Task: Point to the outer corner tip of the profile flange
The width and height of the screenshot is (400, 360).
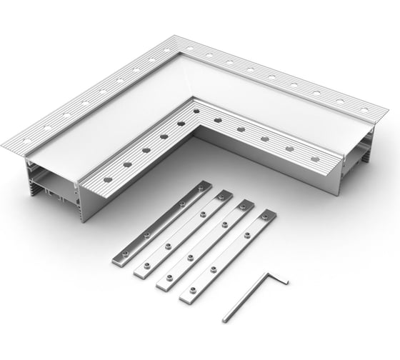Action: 187,36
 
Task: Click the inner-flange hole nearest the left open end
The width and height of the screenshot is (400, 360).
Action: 107,179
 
